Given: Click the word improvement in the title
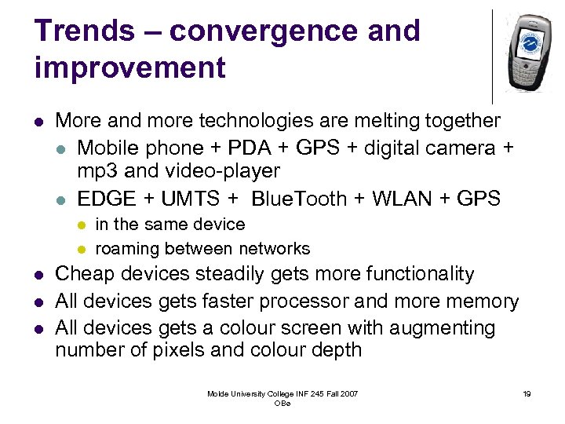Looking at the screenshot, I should pos(129,68).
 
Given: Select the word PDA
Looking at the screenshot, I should pos(250,148).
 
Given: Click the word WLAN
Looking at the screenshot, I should pos(406,199).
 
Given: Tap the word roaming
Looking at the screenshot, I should pos(128,249).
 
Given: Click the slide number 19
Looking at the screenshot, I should pos(527,393).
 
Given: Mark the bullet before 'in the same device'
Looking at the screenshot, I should pos(80,225).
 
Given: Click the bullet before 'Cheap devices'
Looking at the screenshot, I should pos(38,275).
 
